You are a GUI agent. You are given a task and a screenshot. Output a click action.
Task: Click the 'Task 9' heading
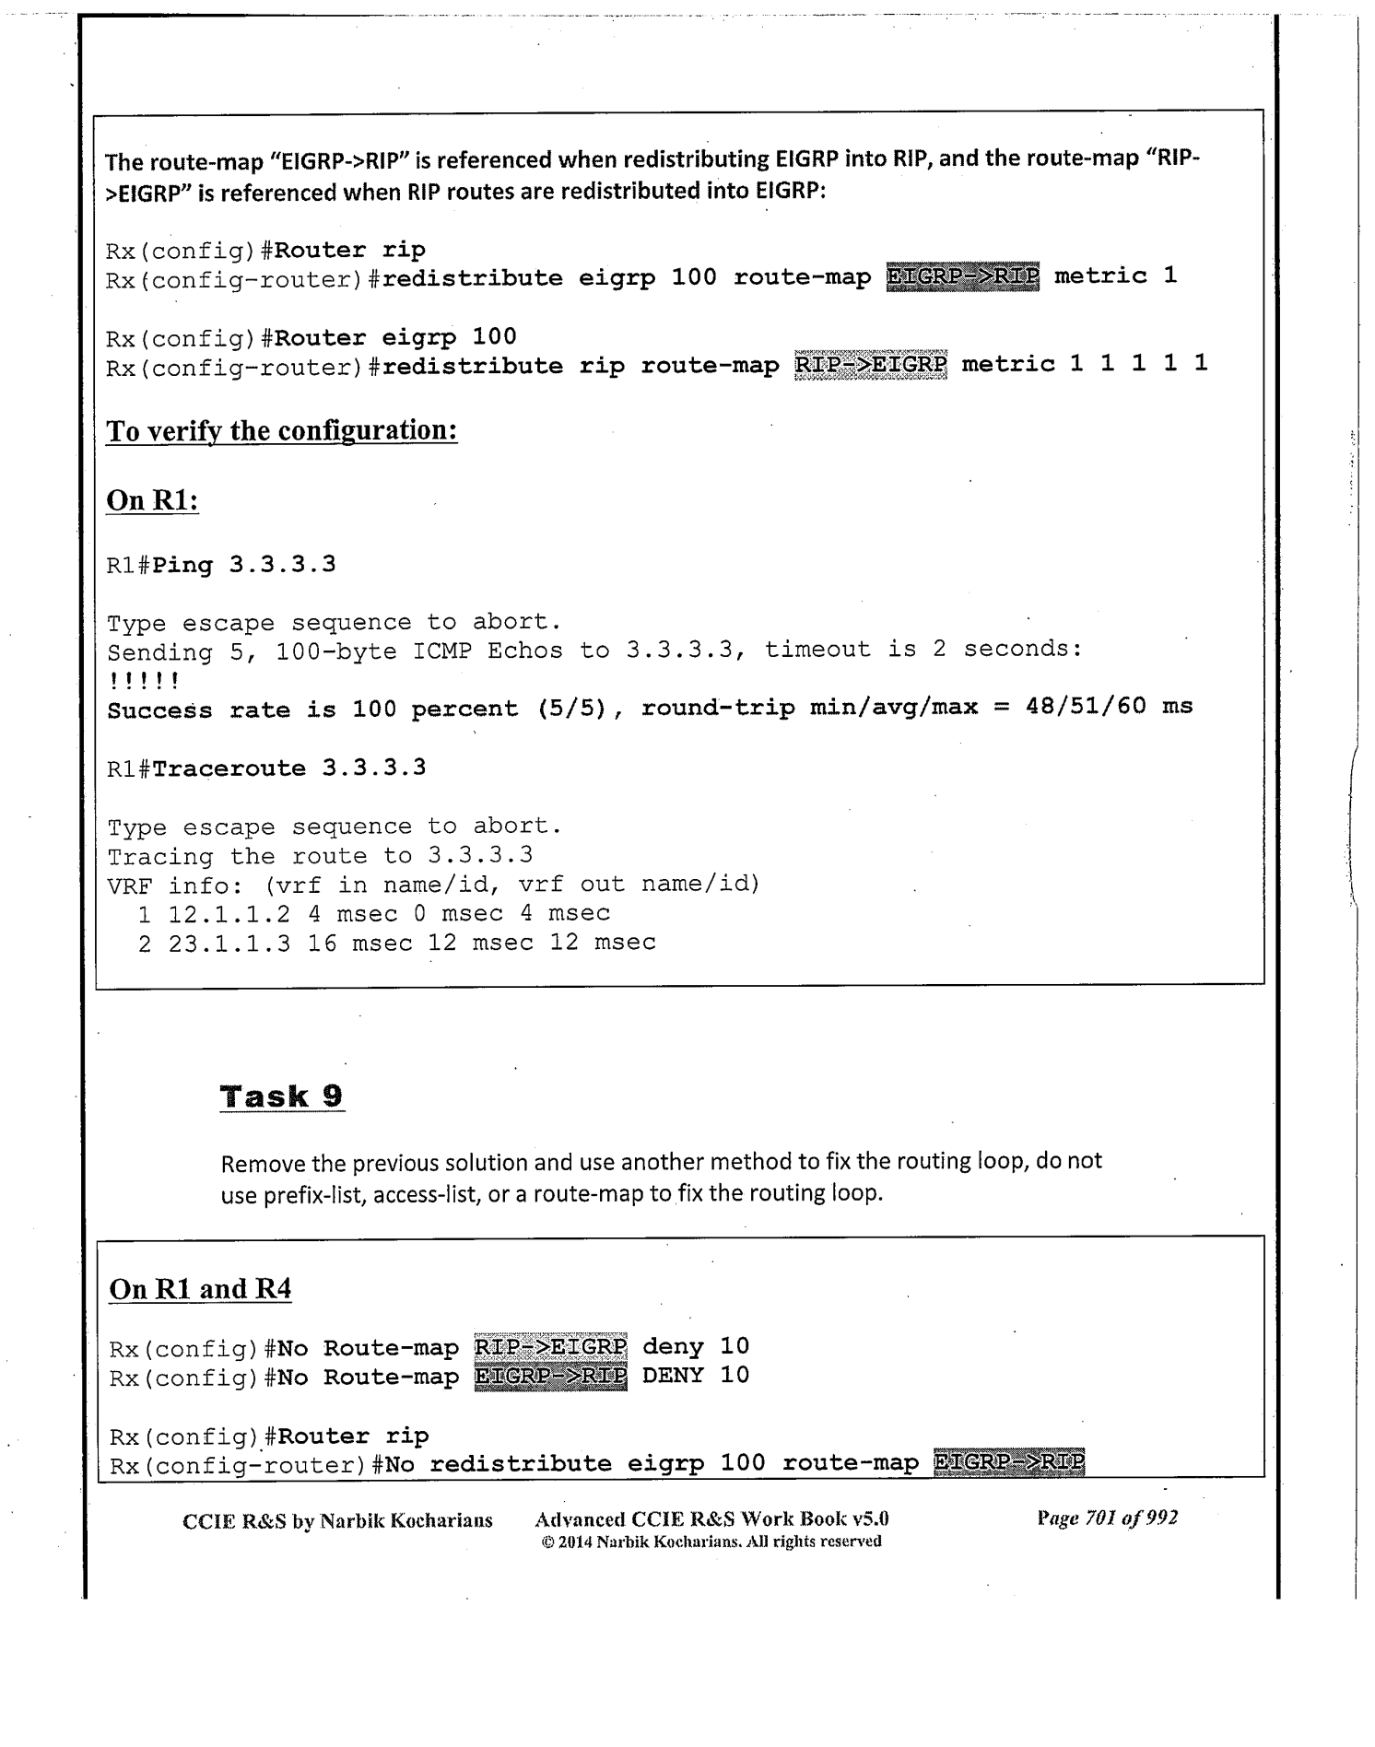pos(281,1096)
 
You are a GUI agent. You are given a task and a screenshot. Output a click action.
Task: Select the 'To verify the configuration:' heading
pos(281,430)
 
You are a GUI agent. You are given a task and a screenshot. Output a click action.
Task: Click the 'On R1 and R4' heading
pos(200,1288)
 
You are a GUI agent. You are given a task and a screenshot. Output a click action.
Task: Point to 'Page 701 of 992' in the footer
pos(1107,1518)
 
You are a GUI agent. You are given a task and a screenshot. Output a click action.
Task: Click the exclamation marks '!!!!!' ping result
pos(143,681)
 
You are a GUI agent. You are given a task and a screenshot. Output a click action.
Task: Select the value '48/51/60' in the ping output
pos(1086,707)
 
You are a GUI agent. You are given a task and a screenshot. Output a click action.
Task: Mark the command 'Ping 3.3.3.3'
pos(244,564)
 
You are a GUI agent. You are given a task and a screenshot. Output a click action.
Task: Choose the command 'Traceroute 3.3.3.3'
pos(288,768)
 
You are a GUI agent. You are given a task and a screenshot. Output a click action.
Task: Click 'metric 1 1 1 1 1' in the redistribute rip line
pos(1084,364)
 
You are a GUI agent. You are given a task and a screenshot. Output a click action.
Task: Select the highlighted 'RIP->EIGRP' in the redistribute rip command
pos(870,365)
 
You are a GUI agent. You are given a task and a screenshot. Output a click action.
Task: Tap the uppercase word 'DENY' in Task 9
pos(673,1376)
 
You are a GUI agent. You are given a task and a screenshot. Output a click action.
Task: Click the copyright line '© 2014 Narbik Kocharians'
pos(711,1541)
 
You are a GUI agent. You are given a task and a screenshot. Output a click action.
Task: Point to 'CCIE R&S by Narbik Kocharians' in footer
pos(337,1519)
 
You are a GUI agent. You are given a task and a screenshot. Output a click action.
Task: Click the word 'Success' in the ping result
pos(160,710)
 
